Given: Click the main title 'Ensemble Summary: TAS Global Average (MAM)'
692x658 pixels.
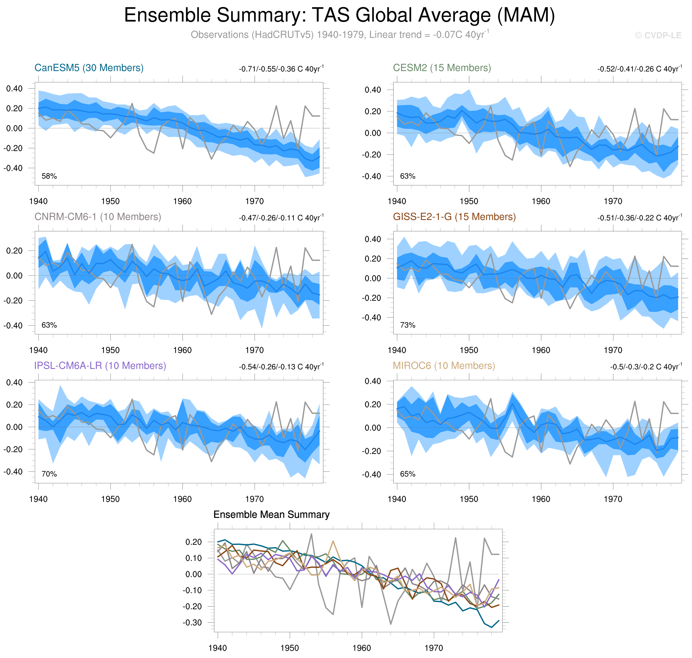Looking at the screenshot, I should click(339, 16).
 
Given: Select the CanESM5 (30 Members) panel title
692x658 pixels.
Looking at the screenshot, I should click(89, 68).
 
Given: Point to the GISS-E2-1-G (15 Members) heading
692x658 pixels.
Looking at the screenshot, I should click(454, 217).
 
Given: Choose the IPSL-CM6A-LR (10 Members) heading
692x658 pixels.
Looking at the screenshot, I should click(100, 366).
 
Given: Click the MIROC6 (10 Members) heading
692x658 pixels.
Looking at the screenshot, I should click(444, 366).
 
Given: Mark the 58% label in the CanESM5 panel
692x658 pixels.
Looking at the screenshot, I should click(49, 176).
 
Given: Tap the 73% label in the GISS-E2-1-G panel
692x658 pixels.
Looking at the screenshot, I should click(408, 325).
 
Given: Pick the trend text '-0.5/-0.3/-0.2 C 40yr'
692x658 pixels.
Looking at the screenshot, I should click(646, 366).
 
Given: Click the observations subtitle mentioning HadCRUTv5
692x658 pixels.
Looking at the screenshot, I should click(339, 35).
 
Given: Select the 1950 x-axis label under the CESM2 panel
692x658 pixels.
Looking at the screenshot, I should click(469, 201).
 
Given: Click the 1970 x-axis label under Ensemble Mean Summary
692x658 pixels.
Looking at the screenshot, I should click(434, 648).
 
